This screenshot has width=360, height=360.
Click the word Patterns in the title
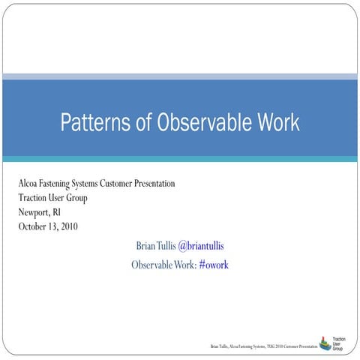[94, 121]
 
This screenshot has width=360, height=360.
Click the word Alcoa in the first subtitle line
[31, 184]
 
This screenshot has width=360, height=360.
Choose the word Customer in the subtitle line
[126, 184]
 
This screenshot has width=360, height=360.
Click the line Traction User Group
[52, 198]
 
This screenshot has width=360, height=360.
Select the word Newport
[35, 212]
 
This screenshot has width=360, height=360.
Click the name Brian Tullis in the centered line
[155, 246]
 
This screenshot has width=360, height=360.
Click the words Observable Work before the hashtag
[163, 265]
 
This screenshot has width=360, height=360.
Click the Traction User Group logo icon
[324, 343]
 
